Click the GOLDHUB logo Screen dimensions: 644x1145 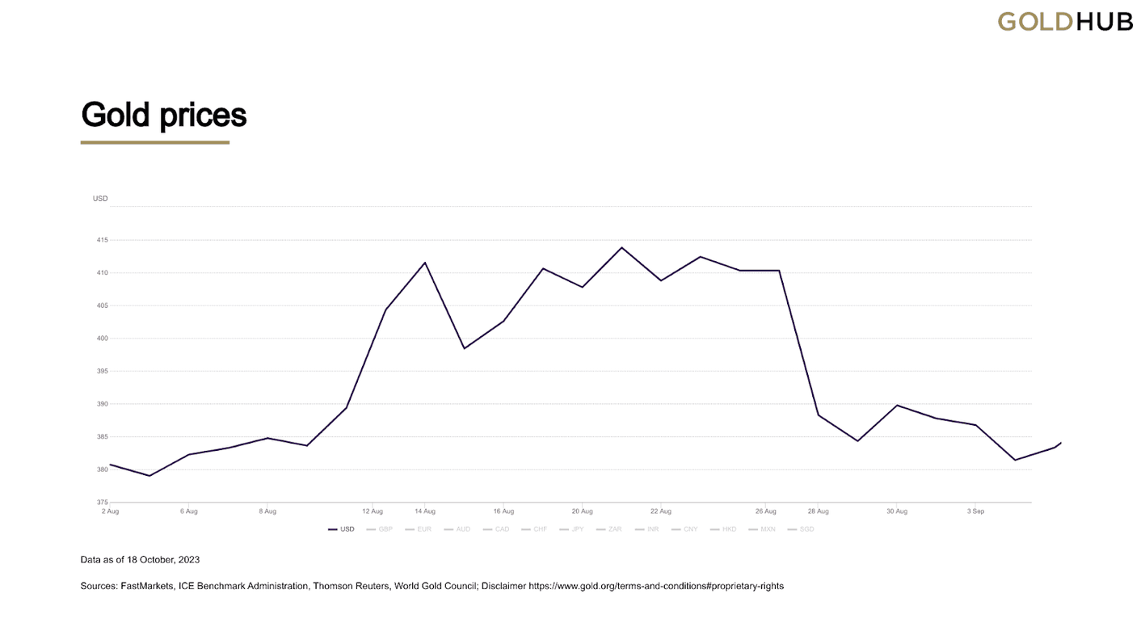coord(1064,21)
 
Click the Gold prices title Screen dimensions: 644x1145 coord(163,115)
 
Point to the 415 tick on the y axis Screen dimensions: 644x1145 coord(103,240)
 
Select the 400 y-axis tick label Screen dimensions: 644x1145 coord(103,339)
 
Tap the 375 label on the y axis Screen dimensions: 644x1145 coord(103,503)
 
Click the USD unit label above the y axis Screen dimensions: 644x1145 coord(100,199)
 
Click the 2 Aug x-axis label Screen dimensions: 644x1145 coord(110,511)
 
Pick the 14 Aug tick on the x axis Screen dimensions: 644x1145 coord(425,511)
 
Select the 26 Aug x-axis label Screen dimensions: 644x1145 coord(766,511)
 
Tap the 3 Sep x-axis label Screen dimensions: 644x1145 coord(975,511)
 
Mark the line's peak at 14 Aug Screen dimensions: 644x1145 coord(425,263)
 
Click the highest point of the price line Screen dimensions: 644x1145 coord(621,247)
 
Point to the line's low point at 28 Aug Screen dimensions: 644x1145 coord(819,415)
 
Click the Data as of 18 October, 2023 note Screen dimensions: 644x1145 coord(140,559)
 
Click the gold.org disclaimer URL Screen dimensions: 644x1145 coord(655,586)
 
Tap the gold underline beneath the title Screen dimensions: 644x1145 coord(155,142)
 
